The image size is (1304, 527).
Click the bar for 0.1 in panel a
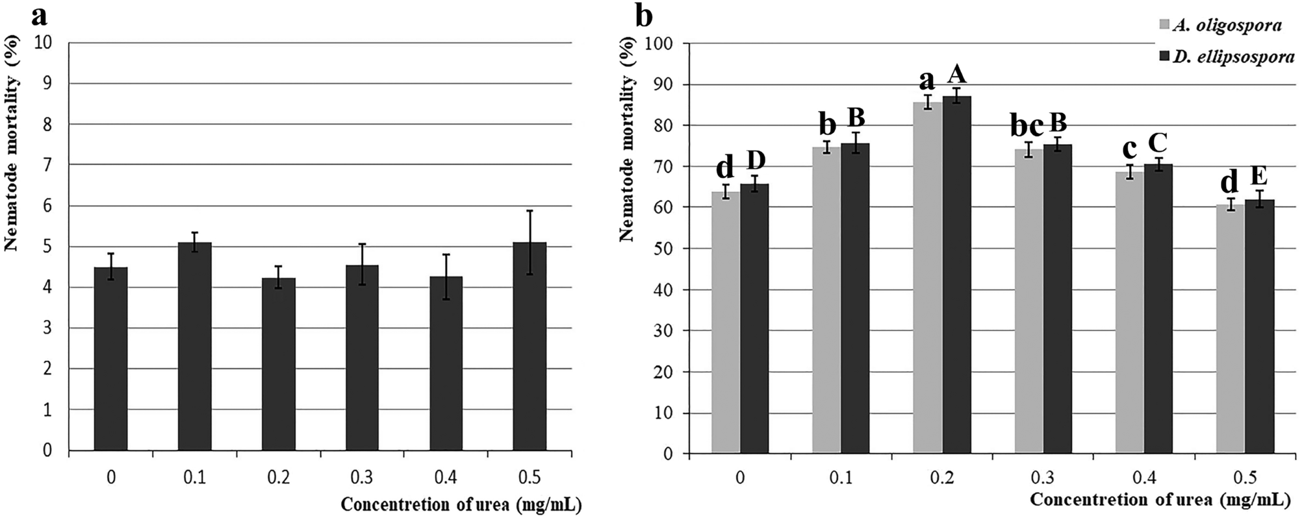(x=194, y=347)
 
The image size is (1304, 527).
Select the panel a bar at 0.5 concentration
(x=530, y=347)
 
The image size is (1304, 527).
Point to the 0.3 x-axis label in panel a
(x=362, y=478)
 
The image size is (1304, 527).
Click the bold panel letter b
(x=643, y=16)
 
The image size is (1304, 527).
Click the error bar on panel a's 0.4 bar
(x=446, y=276)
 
